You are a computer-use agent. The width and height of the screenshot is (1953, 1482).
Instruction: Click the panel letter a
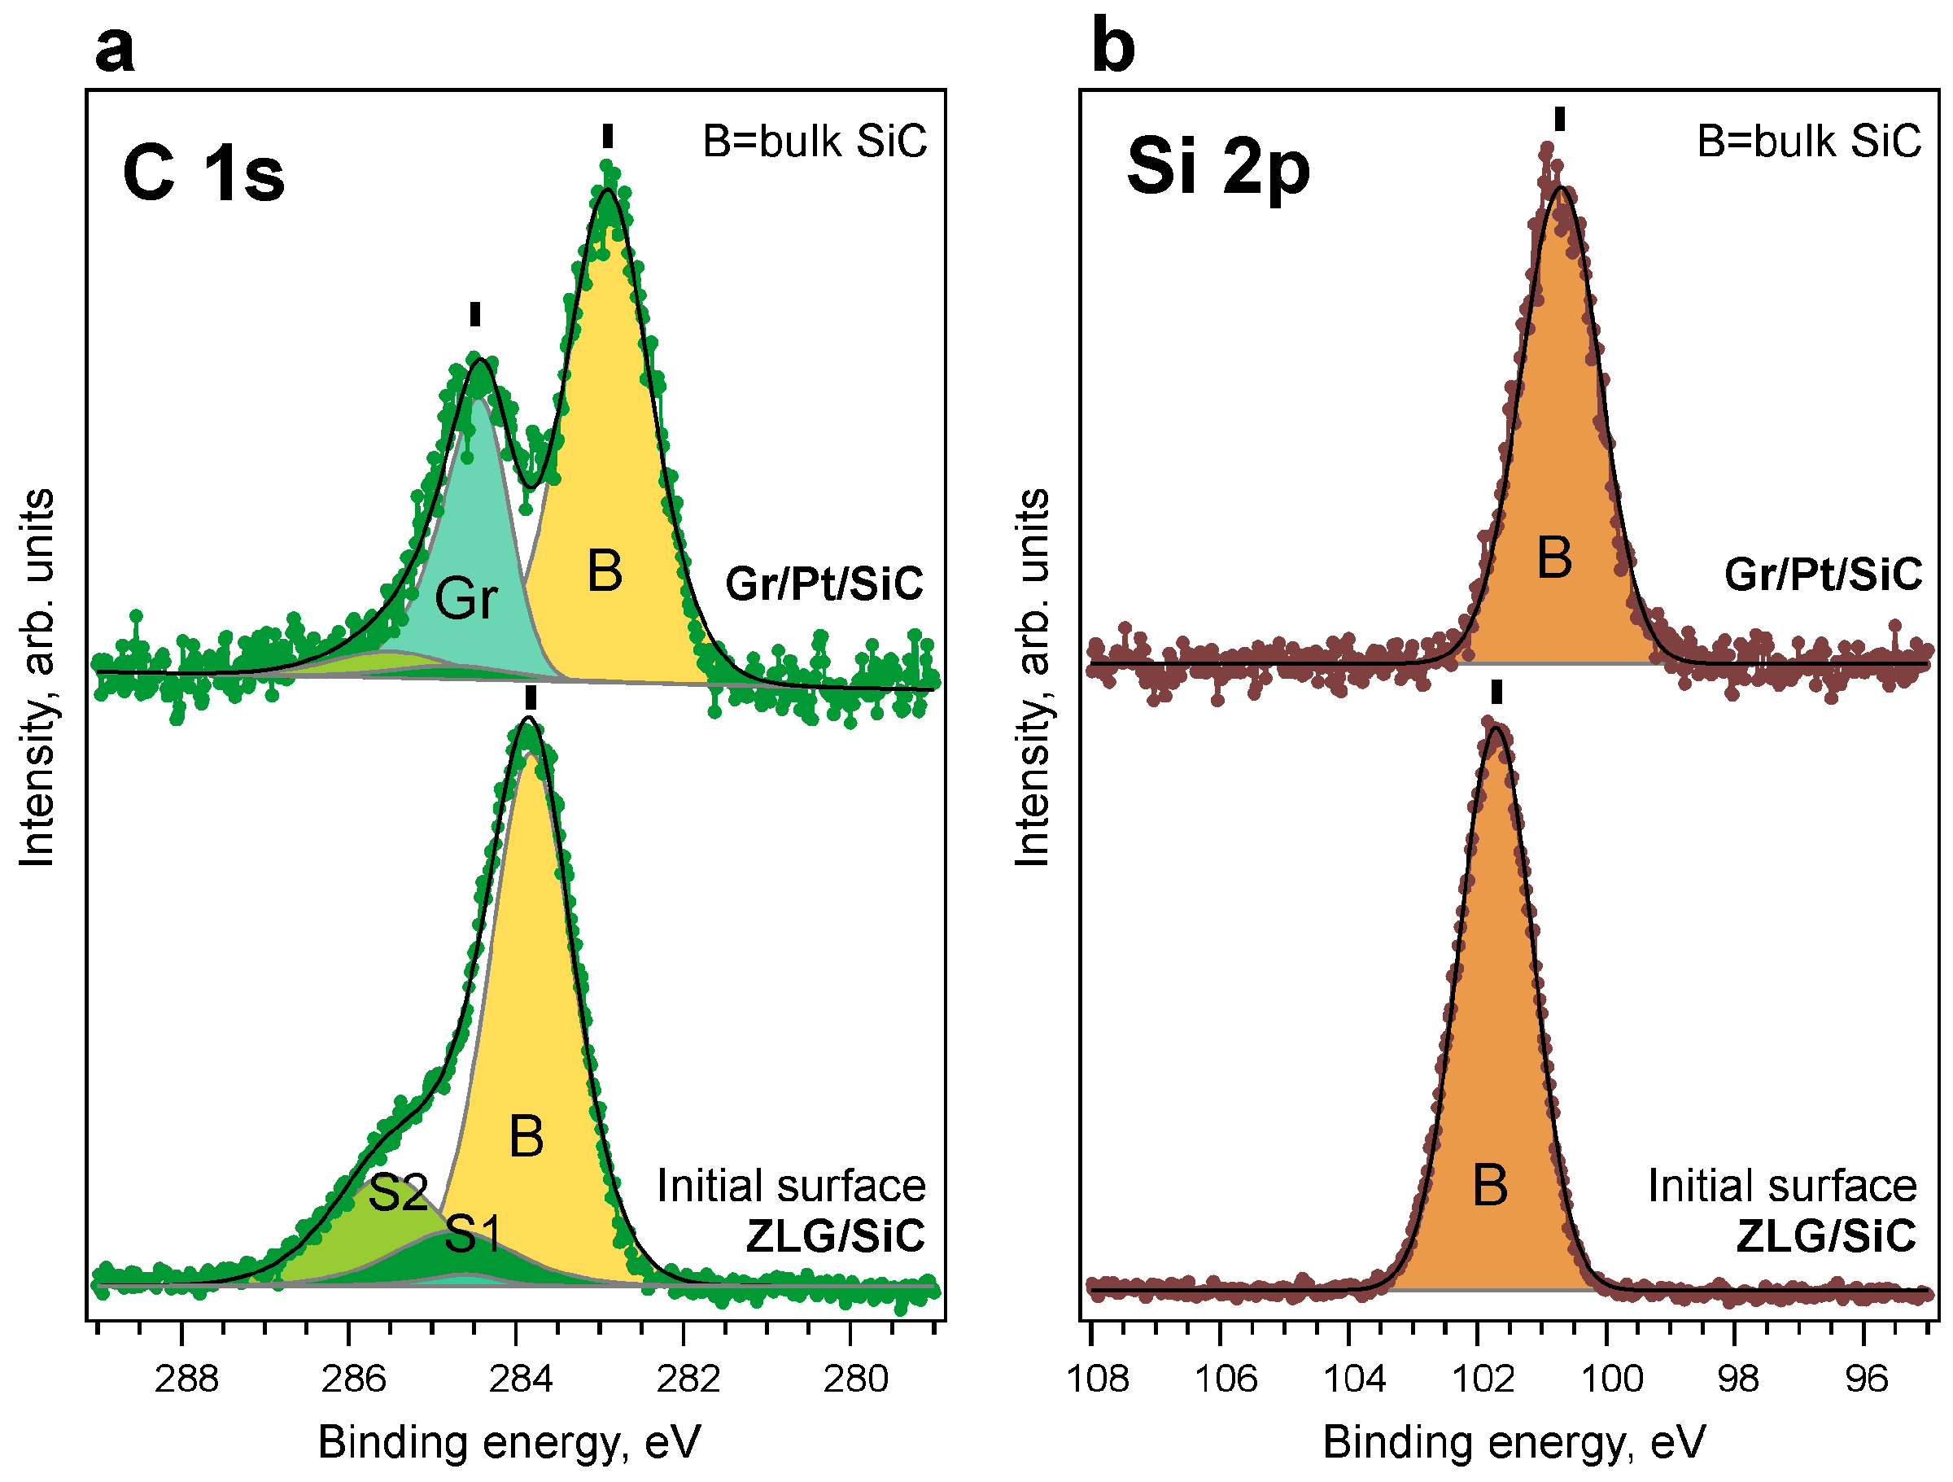(115, 49)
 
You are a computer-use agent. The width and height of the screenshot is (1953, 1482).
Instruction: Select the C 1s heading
(204, 173)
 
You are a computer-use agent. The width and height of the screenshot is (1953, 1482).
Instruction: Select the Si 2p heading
(1217, 167)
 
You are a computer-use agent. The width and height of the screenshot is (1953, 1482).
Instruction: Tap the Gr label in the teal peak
(466, 598)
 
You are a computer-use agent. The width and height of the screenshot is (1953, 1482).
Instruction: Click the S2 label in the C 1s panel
(398, 1193)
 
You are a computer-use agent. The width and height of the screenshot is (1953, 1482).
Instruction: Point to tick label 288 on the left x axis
(186, 1379)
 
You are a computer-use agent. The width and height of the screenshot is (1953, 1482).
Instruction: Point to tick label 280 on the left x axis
(855, 1379)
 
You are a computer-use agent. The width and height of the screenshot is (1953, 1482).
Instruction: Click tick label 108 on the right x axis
(1098, 1379)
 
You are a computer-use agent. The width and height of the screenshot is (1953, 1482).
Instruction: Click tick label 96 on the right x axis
(1867, 1379)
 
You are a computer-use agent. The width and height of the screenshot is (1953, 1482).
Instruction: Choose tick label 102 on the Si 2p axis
(1483, 1379)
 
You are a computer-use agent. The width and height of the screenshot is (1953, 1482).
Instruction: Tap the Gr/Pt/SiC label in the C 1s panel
(824, 584)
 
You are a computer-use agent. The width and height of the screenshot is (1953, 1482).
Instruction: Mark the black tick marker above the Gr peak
(475, 313)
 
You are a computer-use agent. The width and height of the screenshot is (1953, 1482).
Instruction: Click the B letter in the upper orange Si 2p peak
(1554, 557)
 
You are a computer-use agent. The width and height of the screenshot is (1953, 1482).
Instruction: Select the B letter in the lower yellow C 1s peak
(526, 1137)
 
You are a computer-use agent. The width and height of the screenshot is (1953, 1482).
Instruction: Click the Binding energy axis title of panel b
(1514, 1442)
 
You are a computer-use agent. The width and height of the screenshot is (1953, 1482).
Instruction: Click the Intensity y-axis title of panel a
(37, 677)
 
